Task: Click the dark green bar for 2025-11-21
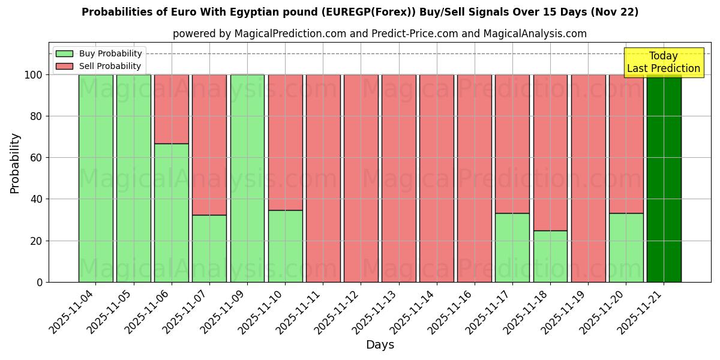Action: coord(664,178)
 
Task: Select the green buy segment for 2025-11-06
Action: coord(172,212)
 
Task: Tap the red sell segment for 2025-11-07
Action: coord(209,145)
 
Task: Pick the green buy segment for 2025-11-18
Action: coord(550,256)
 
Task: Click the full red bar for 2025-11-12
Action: coord(361,178)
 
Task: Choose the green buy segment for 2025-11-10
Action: coord(285,245)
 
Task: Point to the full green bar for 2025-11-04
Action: coord(95,178)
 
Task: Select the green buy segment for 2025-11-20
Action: coord(626,247)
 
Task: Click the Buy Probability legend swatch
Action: coord(64,54)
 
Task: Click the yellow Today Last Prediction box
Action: coord(663,62)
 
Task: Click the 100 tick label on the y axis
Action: coord(33,75)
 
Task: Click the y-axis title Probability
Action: coord(16,163)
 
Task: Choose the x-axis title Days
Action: coord(380,345)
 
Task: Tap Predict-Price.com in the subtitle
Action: coord(415,34)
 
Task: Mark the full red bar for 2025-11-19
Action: coord(588,178)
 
